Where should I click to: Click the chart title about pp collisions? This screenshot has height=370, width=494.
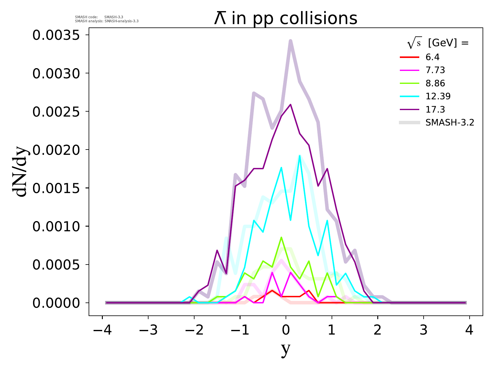coord(286,18)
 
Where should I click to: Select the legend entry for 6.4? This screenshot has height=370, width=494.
coord(432,57)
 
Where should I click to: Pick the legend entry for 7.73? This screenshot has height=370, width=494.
coord(435,70)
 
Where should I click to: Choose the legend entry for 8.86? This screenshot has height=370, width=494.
coord(435,83)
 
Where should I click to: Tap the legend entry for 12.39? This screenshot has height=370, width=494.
coord(438,96)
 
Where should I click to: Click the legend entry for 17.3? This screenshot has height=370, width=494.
coord(435,109)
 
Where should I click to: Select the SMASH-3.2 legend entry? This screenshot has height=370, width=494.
coord(450,123)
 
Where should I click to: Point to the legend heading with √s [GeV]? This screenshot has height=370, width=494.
coord(438,43)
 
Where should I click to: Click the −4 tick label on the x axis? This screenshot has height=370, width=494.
coord(102,331)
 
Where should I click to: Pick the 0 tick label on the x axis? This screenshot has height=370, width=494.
coord(286,331)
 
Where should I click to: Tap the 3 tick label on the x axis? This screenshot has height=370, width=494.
coord(424,331)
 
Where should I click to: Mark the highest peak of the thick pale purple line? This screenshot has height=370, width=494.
coord(291,41)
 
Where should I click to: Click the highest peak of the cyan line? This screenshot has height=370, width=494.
coord(299,156)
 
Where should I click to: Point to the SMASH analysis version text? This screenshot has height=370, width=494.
coord(107,21)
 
